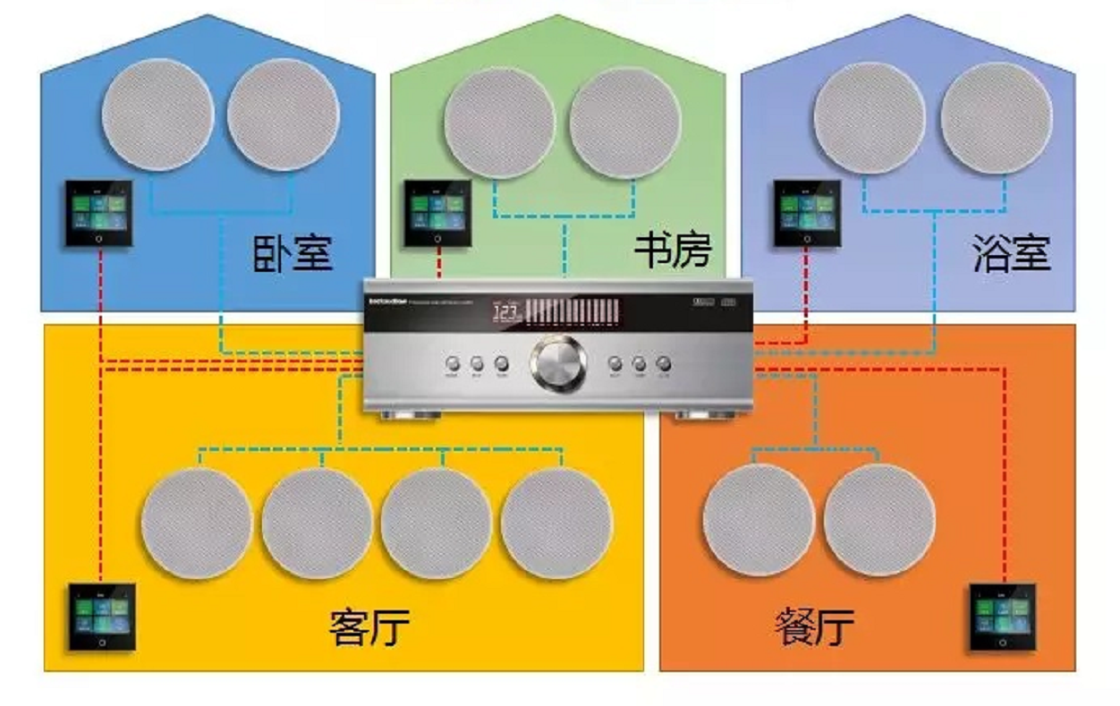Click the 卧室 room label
tap(293, 253)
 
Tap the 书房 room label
tap(673, 251)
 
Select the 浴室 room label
tap(1012, 254)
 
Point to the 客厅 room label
tap(369, 626)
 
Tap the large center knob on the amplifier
tap(557, 364)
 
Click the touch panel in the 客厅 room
tap(102, 617)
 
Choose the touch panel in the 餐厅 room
tap(1002, 617)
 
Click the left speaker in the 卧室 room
tap(157, 115)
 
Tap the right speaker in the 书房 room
tap(625, 122)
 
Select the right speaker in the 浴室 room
tap(997, 117)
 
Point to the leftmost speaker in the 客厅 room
tap(197, 523)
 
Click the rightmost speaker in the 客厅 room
tap(556, 523)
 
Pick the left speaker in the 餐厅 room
tap(759, 520)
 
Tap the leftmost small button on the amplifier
tap(453, 364)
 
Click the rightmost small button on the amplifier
tap(663, 364)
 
